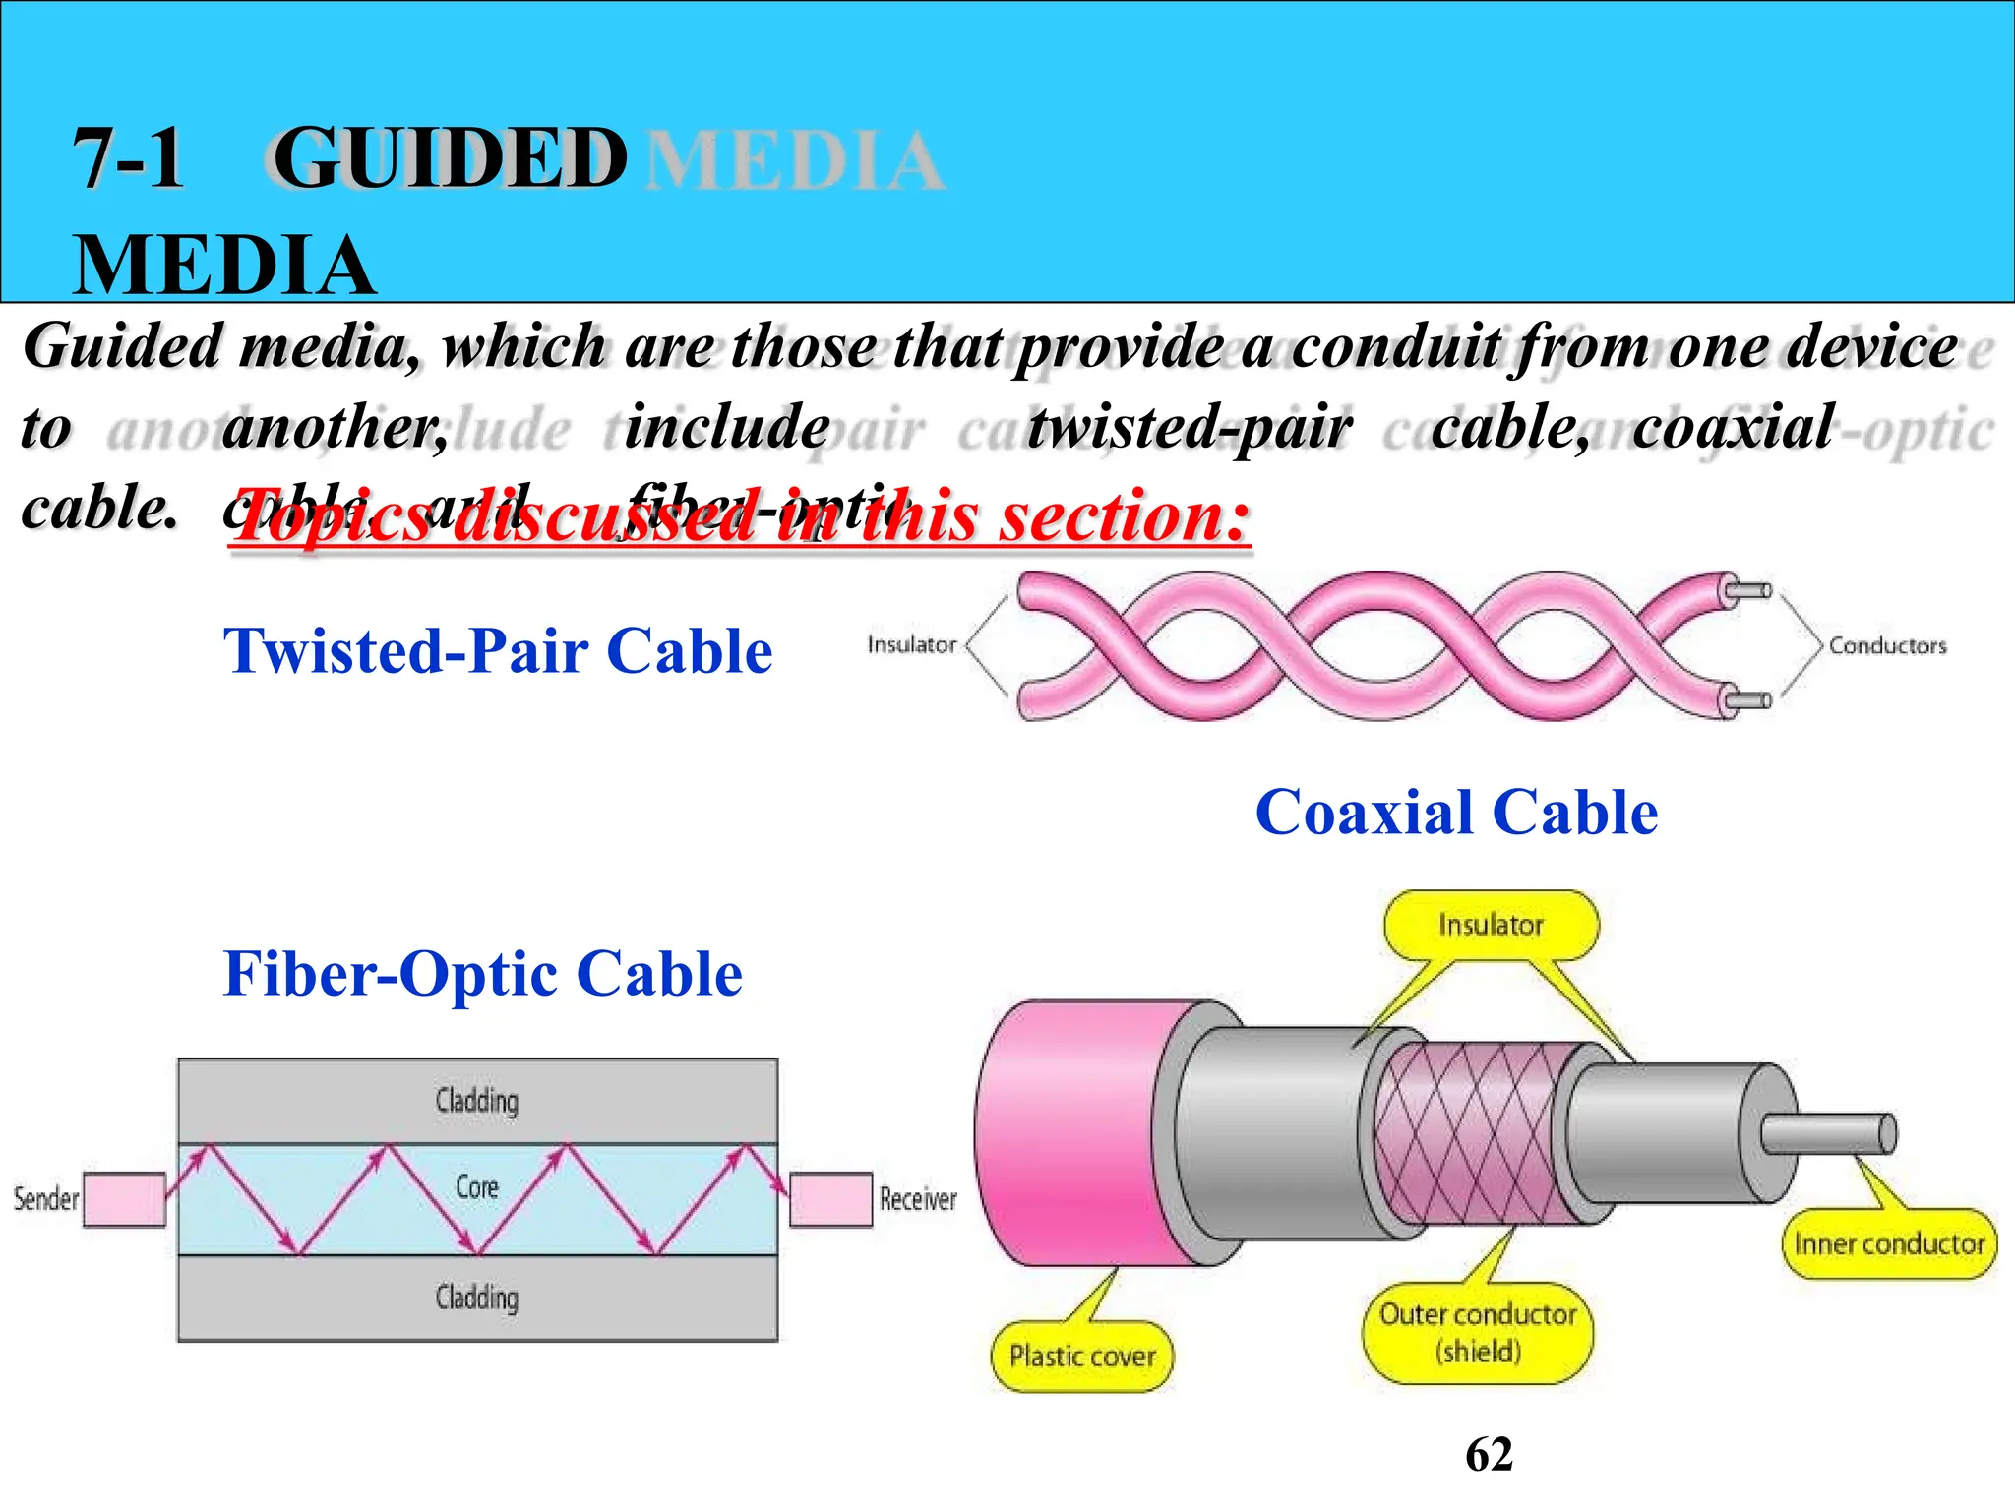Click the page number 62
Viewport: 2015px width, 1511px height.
pyautogui.click(x=1489, y=1454)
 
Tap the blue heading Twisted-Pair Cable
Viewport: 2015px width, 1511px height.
pyautogui.click(x=498, y=651)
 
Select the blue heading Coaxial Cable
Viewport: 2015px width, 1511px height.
pyautogui.click(x=1456, y=813)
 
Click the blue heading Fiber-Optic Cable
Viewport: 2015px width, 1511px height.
pyautogui.click(x=482, y=974)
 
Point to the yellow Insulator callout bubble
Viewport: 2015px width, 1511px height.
pyautogui.click(x=1491, y=925)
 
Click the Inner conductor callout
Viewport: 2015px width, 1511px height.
pyautogui.click(x=1888, y=1244)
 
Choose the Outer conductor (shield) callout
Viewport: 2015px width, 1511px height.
pyautogui.click(x=1477, y=1333)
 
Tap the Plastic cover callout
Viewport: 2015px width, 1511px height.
pyautogui.click(x=1081, y=1357)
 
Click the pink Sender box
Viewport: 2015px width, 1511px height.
pyautogui.click(x=124, y=1199)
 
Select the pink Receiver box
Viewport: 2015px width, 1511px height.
pyautogui.click(x=830, y=1199)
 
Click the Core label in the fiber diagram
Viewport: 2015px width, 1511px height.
pyautogui.click(x=477, y=1187)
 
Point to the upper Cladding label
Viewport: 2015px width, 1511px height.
pyautogui.click(x=477, y=1100)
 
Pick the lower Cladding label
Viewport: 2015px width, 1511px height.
pyautogui.click(x=477, y=1298)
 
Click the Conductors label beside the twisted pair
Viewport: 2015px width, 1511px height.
pyautogui.click(x=1887, y=646)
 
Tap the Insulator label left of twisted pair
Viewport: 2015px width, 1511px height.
pyautogui.click(x=911, y=644)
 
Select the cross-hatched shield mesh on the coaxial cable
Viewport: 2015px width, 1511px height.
pyautogui.click(x=1466, y=1131)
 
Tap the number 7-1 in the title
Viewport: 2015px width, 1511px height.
pyautogui.click(x=129, y=159)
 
